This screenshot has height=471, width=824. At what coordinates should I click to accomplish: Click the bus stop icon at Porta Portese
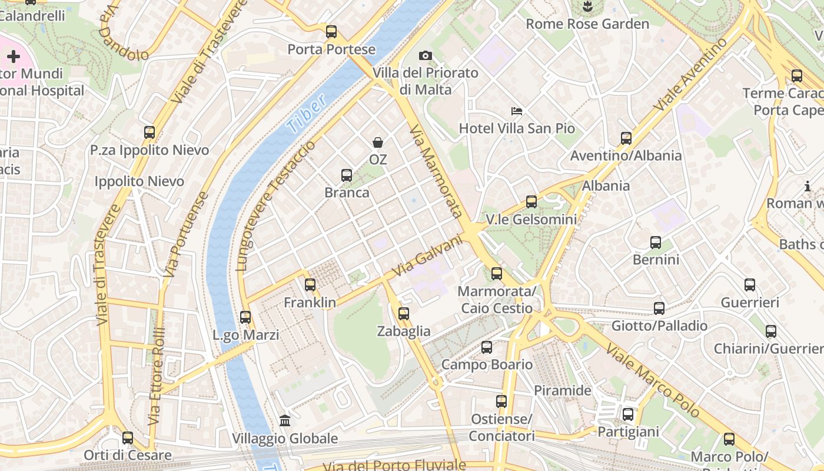331,32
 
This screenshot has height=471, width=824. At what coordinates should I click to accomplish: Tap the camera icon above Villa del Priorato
425,56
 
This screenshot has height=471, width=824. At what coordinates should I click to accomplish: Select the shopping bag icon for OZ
378,142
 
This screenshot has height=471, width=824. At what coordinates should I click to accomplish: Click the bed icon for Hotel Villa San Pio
517,111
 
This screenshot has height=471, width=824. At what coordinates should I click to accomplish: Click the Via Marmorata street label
436,171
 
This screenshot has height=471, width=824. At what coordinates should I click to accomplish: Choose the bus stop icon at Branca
347,175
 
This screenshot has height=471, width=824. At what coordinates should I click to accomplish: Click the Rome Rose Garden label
587,24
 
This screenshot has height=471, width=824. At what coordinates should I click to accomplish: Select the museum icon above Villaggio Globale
285,420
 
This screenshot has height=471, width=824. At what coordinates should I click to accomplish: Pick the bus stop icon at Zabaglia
404,314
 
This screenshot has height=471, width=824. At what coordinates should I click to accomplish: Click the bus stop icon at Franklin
310,285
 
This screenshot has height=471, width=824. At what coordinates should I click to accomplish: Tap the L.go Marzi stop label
246,335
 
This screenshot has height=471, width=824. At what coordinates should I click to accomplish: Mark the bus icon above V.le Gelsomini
531,202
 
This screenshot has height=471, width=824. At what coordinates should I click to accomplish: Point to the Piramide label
562,390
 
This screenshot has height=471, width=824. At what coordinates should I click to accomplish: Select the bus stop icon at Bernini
656,243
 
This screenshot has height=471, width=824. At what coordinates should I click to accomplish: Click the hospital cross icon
14,57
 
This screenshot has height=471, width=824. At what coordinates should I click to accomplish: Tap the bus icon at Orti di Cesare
128,438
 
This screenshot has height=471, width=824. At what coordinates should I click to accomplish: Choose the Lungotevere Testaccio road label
275,206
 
